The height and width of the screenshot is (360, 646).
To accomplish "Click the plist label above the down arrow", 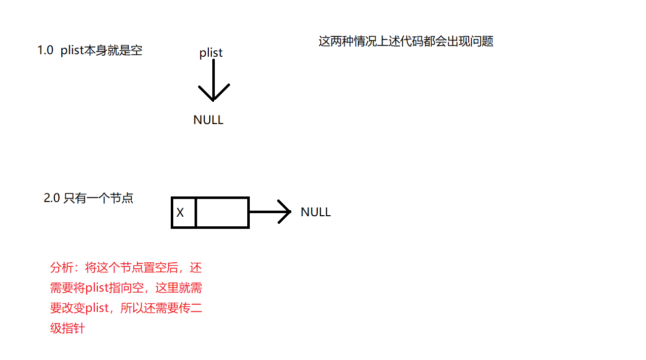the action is pos(211,53).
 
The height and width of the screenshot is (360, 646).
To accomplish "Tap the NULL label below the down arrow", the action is pos(208,120).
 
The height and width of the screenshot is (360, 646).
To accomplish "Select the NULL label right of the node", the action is pos(315,212).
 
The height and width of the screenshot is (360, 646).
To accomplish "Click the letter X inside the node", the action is pos(180,213).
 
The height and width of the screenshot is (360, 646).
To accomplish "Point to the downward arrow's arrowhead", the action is pos(213,96).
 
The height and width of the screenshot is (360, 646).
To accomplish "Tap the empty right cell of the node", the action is pos(222,213).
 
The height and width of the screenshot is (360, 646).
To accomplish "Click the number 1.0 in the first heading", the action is pos(45,51).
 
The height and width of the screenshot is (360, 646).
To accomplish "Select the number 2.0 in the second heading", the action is pos(52,198).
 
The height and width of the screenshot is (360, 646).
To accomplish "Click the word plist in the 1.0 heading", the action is pos(72,51).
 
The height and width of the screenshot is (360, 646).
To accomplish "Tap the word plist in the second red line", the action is pos(98,288).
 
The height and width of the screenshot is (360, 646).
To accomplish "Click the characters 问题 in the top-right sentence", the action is pos(482,41).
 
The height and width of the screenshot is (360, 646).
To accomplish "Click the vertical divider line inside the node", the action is pos(196,213).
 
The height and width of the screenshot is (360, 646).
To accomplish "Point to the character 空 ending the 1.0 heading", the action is pos(136,51).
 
